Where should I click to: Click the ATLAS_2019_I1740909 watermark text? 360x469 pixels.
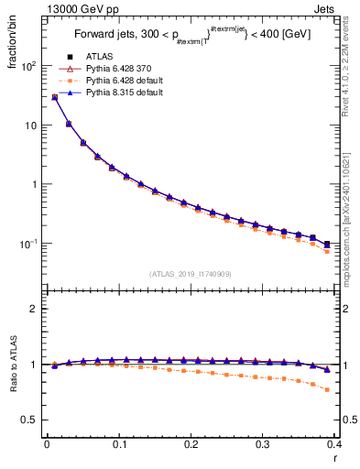tap(191, 274)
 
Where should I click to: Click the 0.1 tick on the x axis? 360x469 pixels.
tap(118, 442)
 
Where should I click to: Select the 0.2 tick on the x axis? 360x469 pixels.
tap(191, 442)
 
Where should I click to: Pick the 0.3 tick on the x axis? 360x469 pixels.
tap(263, 442)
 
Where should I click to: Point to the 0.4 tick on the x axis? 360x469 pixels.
tap(333, 442)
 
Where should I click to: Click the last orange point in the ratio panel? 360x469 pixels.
tap(327, 389)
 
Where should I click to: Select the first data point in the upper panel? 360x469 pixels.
tap(54, 97)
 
